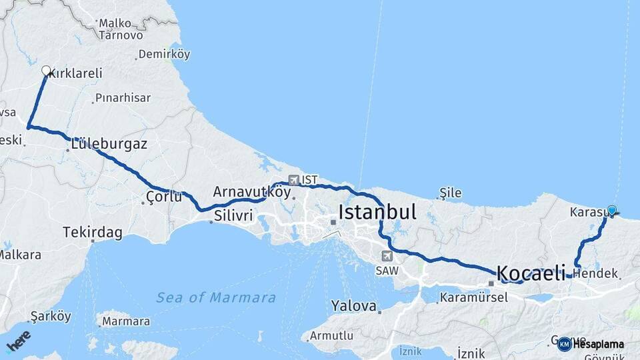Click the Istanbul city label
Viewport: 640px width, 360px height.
tap(377, 213)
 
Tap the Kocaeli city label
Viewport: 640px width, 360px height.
tap(531, 273)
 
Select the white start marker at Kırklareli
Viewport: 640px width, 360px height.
tap(46, 71)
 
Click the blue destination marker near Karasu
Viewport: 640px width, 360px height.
tap(612, 210)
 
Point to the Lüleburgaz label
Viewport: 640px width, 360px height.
tap(109, 144)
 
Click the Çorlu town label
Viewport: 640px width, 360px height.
tap(163, 197)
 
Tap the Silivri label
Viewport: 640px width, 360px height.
tap(233, 215)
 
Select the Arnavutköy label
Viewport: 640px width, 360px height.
tap(252, 192)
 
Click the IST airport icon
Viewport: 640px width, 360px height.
tap(294, 180)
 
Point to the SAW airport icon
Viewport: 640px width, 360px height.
tap(387, 256)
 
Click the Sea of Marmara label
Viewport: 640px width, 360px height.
tap(216, 298)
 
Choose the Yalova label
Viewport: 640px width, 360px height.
tap(353, 306)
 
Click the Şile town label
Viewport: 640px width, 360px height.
tap(451, 193)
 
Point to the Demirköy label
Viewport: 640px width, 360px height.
tap(163, 55)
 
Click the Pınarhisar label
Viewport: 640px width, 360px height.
tap(123, 97)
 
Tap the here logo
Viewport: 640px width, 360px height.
tap(18, 341)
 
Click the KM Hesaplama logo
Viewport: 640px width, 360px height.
tap(591, 344)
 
